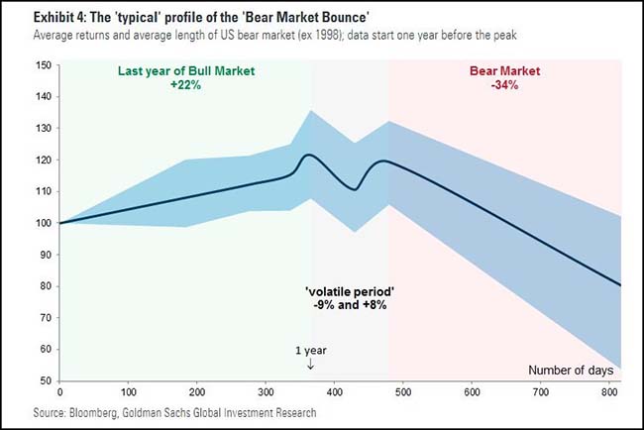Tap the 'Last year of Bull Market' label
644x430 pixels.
point(186,70)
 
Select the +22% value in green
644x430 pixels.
point(186,85)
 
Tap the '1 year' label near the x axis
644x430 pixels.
point(311,350)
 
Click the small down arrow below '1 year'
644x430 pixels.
point(311,365)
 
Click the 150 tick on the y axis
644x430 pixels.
point(43,65)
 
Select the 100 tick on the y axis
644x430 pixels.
point(43,223)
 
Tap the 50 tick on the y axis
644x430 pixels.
point(45,380)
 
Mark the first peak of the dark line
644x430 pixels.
point(308,155)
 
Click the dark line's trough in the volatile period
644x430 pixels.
point(355,189)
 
